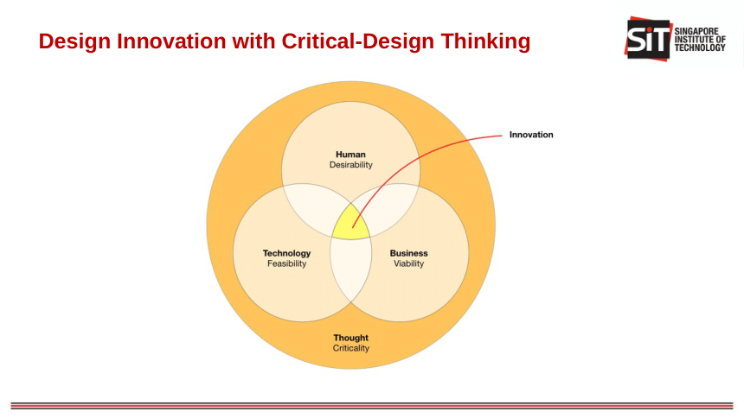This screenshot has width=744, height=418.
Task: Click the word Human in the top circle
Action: tap(350, 155)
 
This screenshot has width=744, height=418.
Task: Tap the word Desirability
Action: tap(350, 165)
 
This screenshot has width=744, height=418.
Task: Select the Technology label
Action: tap(286, 254)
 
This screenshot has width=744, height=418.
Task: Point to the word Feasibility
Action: tap(286, 263)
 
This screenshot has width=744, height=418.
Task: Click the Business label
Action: tap(408, 253)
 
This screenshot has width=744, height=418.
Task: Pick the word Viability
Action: tap(408, 263)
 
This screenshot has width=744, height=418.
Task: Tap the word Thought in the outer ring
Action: tap(350, 338)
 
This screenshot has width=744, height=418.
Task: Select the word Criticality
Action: tap(350, 348)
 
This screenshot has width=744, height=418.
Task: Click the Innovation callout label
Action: tap(531, 135)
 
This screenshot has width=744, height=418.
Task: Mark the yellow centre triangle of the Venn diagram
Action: tap(350, 224)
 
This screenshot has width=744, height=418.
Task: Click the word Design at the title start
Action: tap(74, 41)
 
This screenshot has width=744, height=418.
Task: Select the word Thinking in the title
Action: tap(485, 41)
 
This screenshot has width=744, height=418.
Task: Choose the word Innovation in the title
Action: tap(171, 41)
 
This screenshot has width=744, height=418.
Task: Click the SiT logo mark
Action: tap(648, 39)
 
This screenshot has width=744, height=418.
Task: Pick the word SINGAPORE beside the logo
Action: tap(696, 31)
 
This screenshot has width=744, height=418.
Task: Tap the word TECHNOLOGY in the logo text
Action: tap(700, 47)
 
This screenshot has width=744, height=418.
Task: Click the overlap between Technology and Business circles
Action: tap(350, 269)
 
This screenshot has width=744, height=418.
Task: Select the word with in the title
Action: tap(253, 41)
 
